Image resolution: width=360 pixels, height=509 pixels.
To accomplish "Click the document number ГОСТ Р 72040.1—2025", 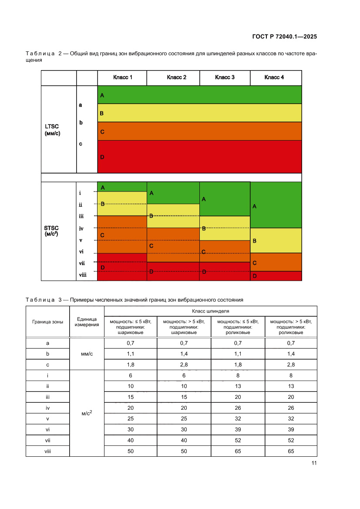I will point(284,37).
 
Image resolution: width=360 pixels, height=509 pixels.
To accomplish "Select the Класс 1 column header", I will point(122,78).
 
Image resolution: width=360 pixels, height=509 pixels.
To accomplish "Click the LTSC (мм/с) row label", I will point(52,130).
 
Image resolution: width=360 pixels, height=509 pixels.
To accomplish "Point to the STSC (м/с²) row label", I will point(51,230).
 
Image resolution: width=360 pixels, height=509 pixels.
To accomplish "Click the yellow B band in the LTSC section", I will point(199,113).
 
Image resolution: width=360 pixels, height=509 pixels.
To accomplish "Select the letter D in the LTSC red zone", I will point(102,157).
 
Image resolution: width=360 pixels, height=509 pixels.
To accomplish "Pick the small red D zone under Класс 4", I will point(276,276).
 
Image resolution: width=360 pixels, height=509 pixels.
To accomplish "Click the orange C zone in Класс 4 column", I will point(276,262).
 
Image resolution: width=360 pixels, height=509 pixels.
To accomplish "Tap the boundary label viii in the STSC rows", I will point(82,275).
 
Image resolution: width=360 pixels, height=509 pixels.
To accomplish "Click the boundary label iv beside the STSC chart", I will point(81,228).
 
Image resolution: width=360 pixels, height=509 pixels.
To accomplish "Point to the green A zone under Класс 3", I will point(225,199).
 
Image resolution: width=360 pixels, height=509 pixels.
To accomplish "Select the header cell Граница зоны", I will point(47,322).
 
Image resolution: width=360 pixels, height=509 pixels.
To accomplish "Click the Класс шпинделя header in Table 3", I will point(210,311).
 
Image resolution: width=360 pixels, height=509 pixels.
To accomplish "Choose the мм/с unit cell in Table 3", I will point(87,354).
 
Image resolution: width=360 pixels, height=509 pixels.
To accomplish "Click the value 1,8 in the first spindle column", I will point(130,365).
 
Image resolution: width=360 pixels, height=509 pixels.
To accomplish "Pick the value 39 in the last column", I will point(291,429).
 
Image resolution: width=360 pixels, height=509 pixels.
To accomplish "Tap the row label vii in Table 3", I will point(47,440).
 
